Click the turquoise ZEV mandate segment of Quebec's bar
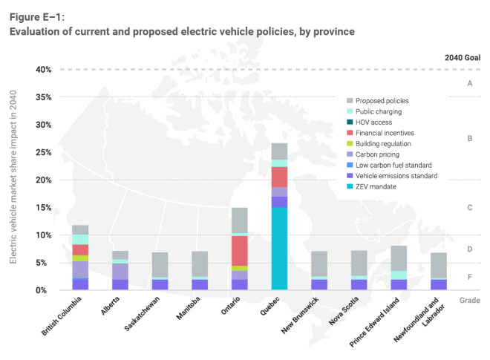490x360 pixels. coord(279,248)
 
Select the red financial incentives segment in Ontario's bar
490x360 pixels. coord(239,250)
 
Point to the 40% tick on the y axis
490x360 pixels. coord(40,70)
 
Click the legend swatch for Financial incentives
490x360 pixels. coord(350,133)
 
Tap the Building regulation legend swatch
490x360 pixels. coord(350,143)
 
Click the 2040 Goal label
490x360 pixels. coord(463,57)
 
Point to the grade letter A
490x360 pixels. coord(469,84)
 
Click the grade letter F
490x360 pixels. coord(469,276)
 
